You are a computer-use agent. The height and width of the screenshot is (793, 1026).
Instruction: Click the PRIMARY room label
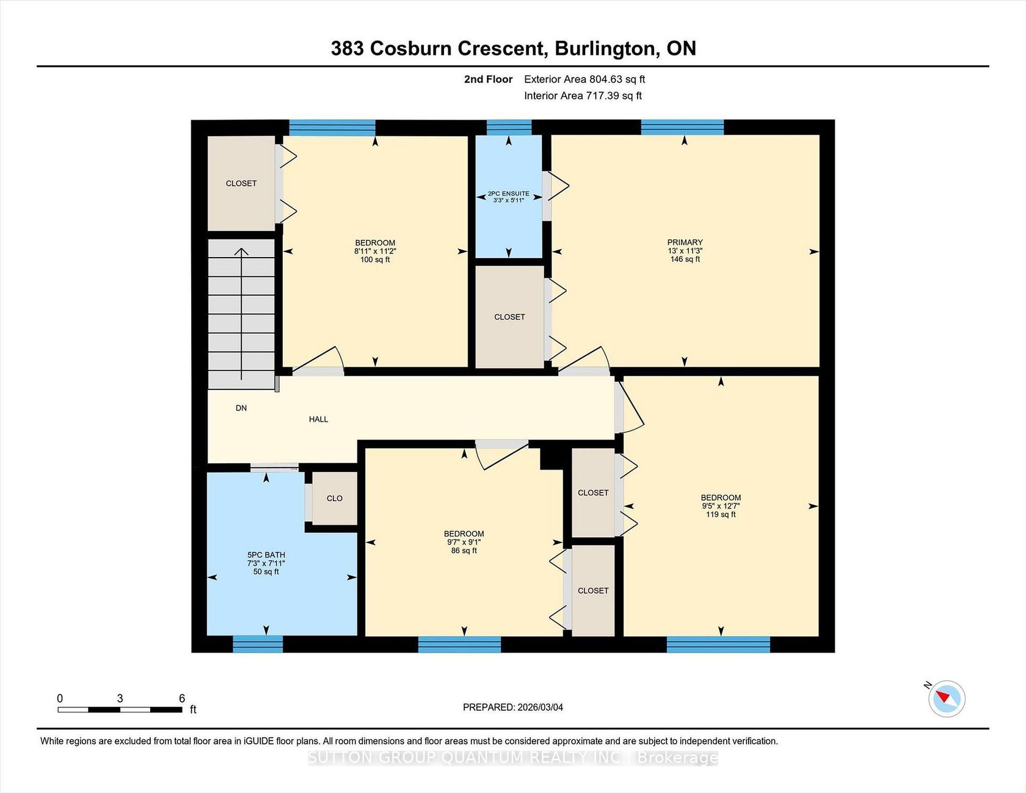(x=685, y=242)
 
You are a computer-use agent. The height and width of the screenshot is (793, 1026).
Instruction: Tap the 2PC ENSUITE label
(x=509, y=194)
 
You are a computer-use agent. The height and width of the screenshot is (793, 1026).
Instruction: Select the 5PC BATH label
(x=266, y=555)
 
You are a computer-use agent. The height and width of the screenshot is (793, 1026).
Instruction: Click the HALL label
(x=318, y=419)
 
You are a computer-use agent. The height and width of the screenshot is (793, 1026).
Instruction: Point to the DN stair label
(x=241, y=408)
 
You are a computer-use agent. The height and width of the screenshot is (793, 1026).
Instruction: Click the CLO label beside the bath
(x=335, y=498)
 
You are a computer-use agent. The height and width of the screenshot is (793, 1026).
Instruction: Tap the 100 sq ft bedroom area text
(x=375, y=259)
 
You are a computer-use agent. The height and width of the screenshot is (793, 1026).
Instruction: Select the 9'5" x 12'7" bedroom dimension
(x=721, y=506)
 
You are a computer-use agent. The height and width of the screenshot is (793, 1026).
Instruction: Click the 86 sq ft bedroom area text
(x=464, y=551)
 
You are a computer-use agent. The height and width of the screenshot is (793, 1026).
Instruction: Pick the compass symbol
(x=947, y=698)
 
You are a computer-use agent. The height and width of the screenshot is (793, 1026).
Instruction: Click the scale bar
(x=120, y=709)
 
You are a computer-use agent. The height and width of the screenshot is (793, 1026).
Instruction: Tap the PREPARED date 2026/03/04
(x=540, y=708)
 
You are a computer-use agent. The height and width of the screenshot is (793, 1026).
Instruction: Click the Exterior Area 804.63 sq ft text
(x=584, y=79)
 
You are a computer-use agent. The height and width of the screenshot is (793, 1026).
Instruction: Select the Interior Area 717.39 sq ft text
(x=583, y=96)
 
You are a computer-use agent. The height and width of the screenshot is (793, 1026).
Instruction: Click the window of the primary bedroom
(x=682, y=128)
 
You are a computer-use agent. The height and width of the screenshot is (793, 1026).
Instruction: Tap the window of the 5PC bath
(x=258, y=644)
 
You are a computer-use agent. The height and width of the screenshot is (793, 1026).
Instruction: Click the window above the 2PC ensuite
(x=509, y=128)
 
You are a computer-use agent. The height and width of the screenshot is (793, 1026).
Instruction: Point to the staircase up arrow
(x=242, y=314)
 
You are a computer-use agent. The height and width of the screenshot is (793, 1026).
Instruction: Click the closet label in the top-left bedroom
(x=241, y=183)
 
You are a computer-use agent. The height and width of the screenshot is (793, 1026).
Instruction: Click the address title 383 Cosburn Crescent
(x=438, y=48)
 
